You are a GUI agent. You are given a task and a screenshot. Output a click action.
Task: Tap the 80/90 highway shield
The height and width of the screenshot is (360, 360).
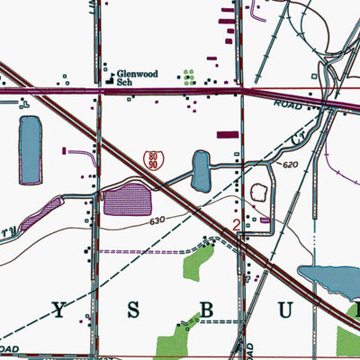[152, 160]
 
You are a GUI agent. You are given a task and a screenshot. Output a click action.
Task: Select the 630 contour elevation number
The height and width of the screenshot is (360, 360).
[157, 220]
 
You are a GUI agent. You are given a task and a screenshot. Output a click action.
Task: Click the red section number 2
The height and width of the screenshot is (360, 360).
[237, 225]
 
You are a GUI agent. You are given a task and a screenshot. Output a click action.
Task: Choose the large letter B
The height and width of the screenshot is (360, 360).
[205, 310]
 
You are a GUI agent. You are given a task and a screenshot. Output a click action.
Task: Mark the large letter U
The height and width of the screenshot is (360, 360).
[280, 310]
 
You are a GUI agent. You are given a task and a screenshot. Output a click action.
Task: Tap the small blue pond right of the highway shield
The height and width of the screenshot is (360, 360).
[201, 171]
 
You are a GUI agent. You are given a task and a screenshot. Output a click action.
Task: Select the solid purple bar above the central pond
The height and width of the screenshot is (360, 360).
[229, 135]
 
